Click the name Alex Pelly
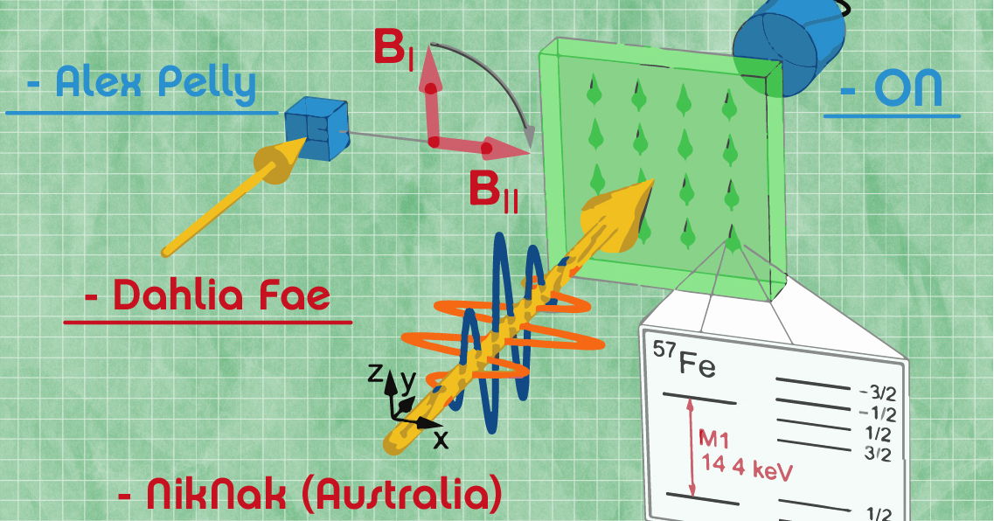tap(155, 84)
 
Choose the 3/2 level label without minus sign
tap(873, 454)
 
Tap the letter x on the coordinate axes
tap(441, 439)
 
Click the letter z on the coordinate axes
tap(374, 374)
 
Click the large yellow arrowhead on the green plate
tap(615, 206)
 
